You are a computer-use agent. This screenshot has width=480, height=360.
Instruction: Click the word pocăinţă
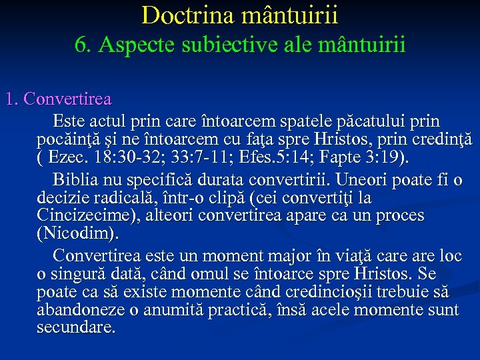point(67,141)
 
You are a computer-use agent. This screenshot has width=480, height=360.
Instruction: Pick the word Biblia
point(76,180)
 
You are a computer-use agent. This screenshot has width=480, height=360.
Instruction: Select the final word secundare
point(76,328)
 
